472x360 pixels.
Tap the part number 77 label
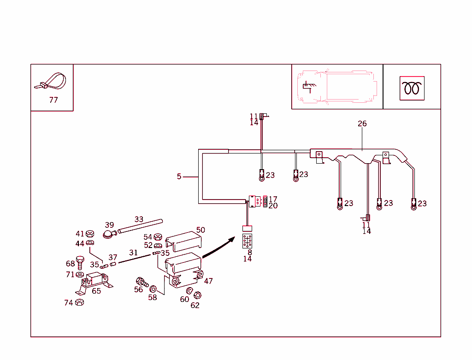pyautogui.click(x=53, y=100)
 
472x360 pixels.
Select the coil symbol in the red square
pyautogui.click(x=412, y=88)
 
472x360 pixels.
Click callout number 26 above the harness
pyautogui.click(x=362, y=124)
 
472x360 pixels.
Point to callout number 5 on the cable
pyautogui.click(x=179, y=177)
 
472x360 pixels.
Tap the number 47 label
pyautogui.click(x=208, y=281)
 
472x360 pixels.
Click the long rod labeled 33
pyautogui.click(x=140, y=225)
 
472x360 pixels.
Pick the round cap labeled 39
pyautogui.click(x=109, y=234)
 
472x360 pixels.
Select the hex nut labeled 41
pyautogui.click(x=90, y=233)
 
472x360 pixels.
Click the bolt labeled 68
pyautogui.click(x=80, y=264)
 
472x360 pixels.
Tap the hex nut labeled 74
pyautogui.click(x=79, y=302)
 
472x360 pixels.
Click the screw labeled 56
pyautogui.click(x=141, y=282)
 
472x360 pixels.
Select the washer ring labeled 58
pyautogui.click(x=153, y=289)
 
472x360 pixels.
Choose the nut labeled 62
pyautogui.click(x=197, y=295)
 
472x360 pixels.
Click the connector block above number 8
pyautogui.click(x=248, y=241)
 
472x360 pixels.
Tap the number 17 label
pyautogui.click(x=273, y=199)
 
